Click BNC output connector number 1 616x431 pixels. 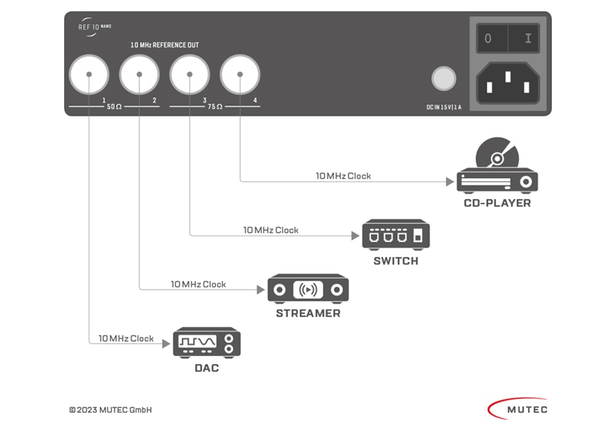click(x=89, y=74)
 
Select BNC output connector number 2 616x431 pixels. click(x=139, y=74)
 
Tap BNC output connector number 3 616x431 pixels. click(x=190, y=74)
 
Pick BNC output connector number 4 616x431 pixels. click(x=240, y=74)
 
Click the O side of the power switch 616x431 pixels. click(x=488, y=39)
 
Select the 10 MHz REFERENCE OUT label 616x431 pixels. click(x=164, y=46)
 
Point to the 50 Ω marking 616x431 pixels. click(x=115, y=107)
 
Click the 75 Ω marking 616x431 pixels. click(x=215, y=107)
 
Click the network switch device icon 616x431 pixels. click(x=395, y=235)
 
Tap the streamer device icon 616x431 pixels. click(x=308, y=289)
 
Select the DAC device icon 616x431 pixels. click(x=206, y=343)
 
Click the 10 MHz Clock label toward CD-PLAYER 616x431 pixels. click(x=343, y=176)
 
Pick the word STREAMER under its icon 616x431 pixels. click(x=308, y=313)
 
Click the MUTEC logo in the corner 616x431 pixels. click(x=517, y=408)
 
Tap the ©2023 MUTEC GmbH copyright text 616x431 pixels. click(x=110, y=410)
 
